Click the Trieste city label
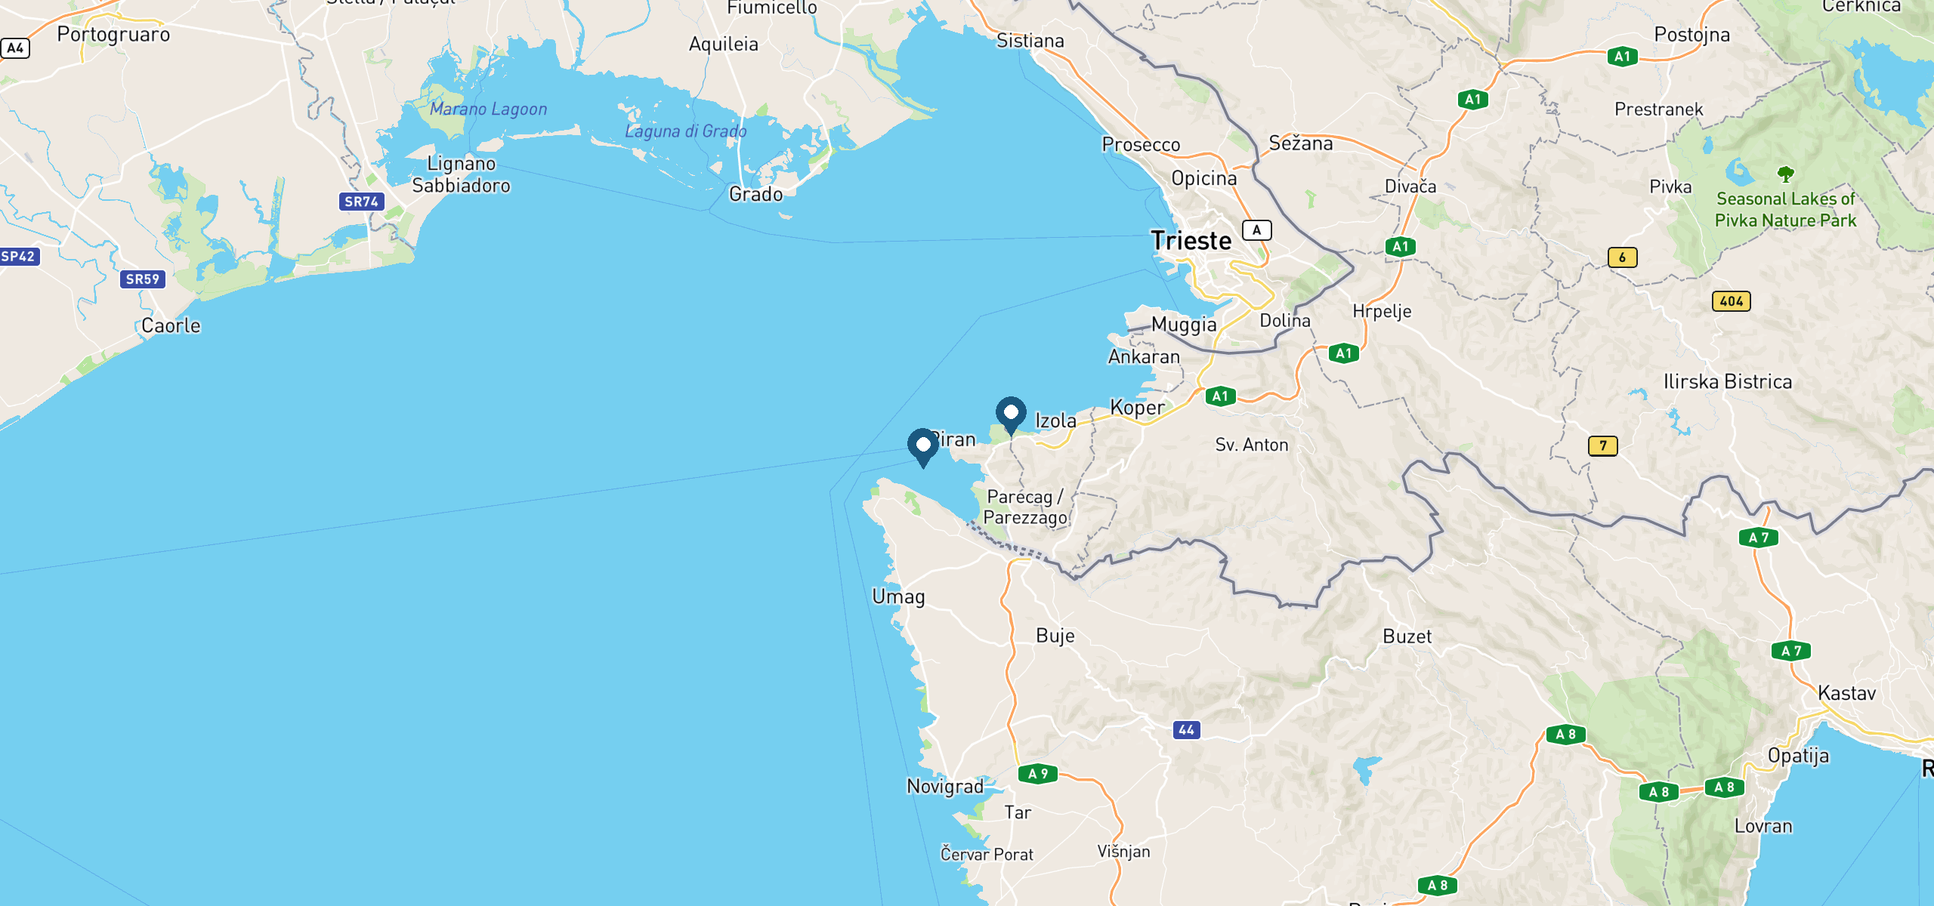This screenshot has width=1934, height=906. pos(1191,241)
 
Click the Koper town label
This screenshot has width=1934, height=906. pos(1137,408)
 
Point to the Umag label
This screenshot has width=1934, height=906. pos(898,596)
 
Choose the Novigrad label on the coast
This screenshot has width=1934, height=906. pos(945,787)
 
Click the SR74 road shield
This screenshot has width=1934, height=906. pos(361,202)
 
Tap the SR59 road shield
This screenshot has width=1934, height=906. pos(142,279)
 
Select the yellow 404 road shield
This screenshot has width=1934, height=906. pos(1731,301)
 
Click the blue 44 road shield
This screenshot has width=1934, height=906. pos(1186,730)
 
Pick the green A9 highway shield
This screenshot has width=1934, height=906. pos(1038,774)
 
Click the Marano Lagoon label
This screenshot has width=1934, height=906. pos(488,109)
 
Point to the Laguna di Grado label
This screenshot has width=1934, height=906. pos(685,131)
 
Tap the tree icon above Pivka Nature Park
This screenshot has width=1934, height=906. pos(1785,174)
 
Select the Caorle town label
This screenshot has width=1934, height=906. pos(171,326)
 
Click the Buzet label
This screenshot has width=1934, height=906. pos(1407,636)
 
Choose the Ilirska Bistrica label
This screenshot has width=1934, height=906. pos(1727,382)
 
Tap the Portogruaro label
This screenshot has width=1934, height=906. pos(113,35)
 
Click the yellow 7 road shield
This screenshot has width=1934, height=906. pos(1602,446)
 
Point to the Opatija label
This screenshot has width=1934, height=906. pos(1798,756)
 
